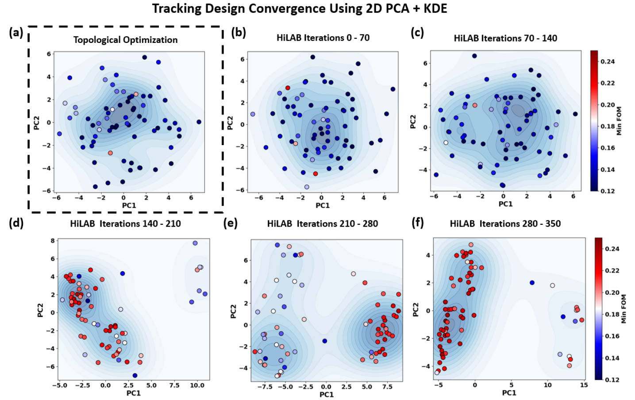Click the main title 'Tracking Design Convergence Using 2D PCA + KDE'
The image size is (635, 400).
(300, 8)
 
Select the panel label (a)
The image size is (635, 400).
(16, 32)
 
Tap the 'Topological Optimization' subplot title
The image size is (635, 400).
(125, 40)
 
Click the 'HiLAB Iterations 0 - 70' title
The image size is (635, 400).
(323, 38)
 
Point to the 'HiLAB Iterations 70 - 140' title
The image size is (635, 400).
(505, 38)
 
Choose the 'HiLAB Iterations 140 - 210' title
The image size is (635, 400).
(125, 224)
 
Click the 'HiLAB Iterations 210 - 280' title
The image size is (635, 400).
(322, 224)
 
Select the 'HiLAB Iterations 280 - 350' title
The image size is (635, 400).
(505, 224)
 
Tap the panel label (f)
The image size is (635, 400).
(417, 222)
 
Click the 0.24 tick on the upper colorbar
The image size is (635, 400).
(608, 62)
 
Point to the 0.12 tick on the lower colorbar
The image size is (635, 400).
(612, 380)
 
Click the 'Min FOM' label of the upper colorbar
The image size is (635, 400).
(619, 121)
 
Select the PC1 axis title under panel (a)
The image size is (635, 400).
(129, 205)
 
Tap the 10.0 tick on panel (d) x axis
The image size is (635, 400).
(197, 385)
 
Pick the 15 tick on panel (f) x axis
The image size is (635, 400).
(584, 385)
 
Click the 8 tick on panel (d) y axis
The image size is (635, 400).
(53, 241)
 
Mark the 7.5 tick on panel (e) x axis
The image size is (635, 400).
(387, 387)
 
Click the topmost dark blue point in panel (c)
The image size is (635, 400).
(474, 56)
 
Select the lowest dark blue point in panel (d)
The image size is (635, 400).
(135, 376)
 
